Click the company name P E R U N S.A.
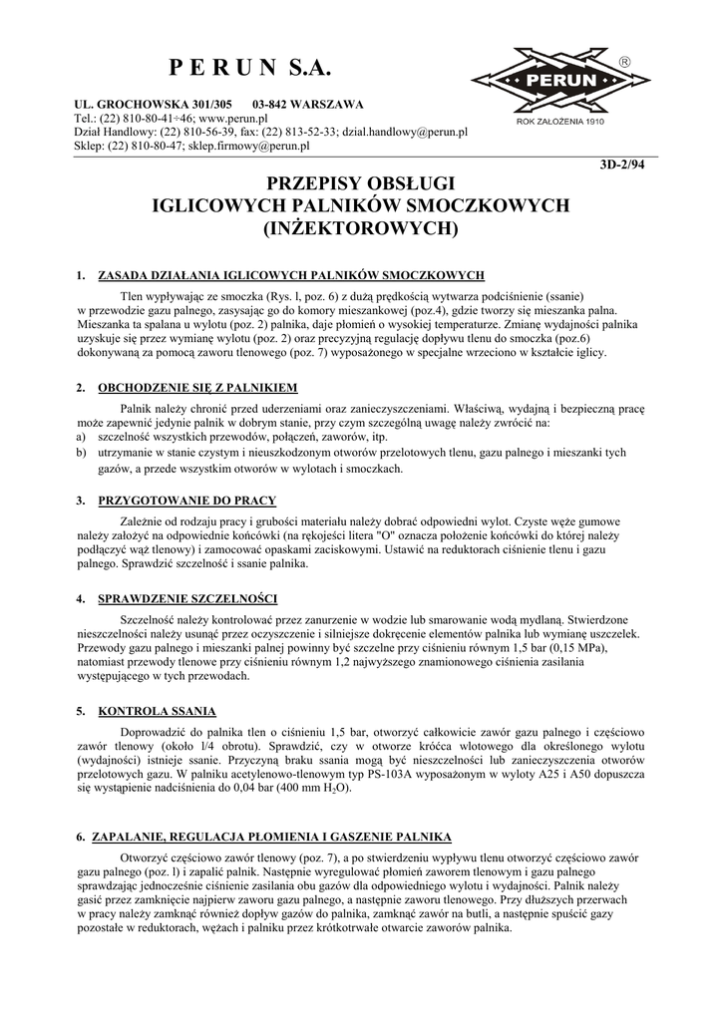249,69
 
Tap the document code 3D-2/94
626,167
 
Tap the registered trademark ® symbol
625,62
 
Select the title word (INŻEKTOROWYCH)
359,229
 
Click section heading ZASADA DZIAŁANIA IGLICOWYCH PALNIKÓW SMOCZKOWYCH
290,274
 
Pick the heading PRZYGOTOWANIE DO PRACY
186,501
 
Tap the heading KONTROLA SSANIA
157,712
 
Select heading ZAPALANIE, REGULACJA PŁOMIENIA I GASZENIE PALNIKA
271,836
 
